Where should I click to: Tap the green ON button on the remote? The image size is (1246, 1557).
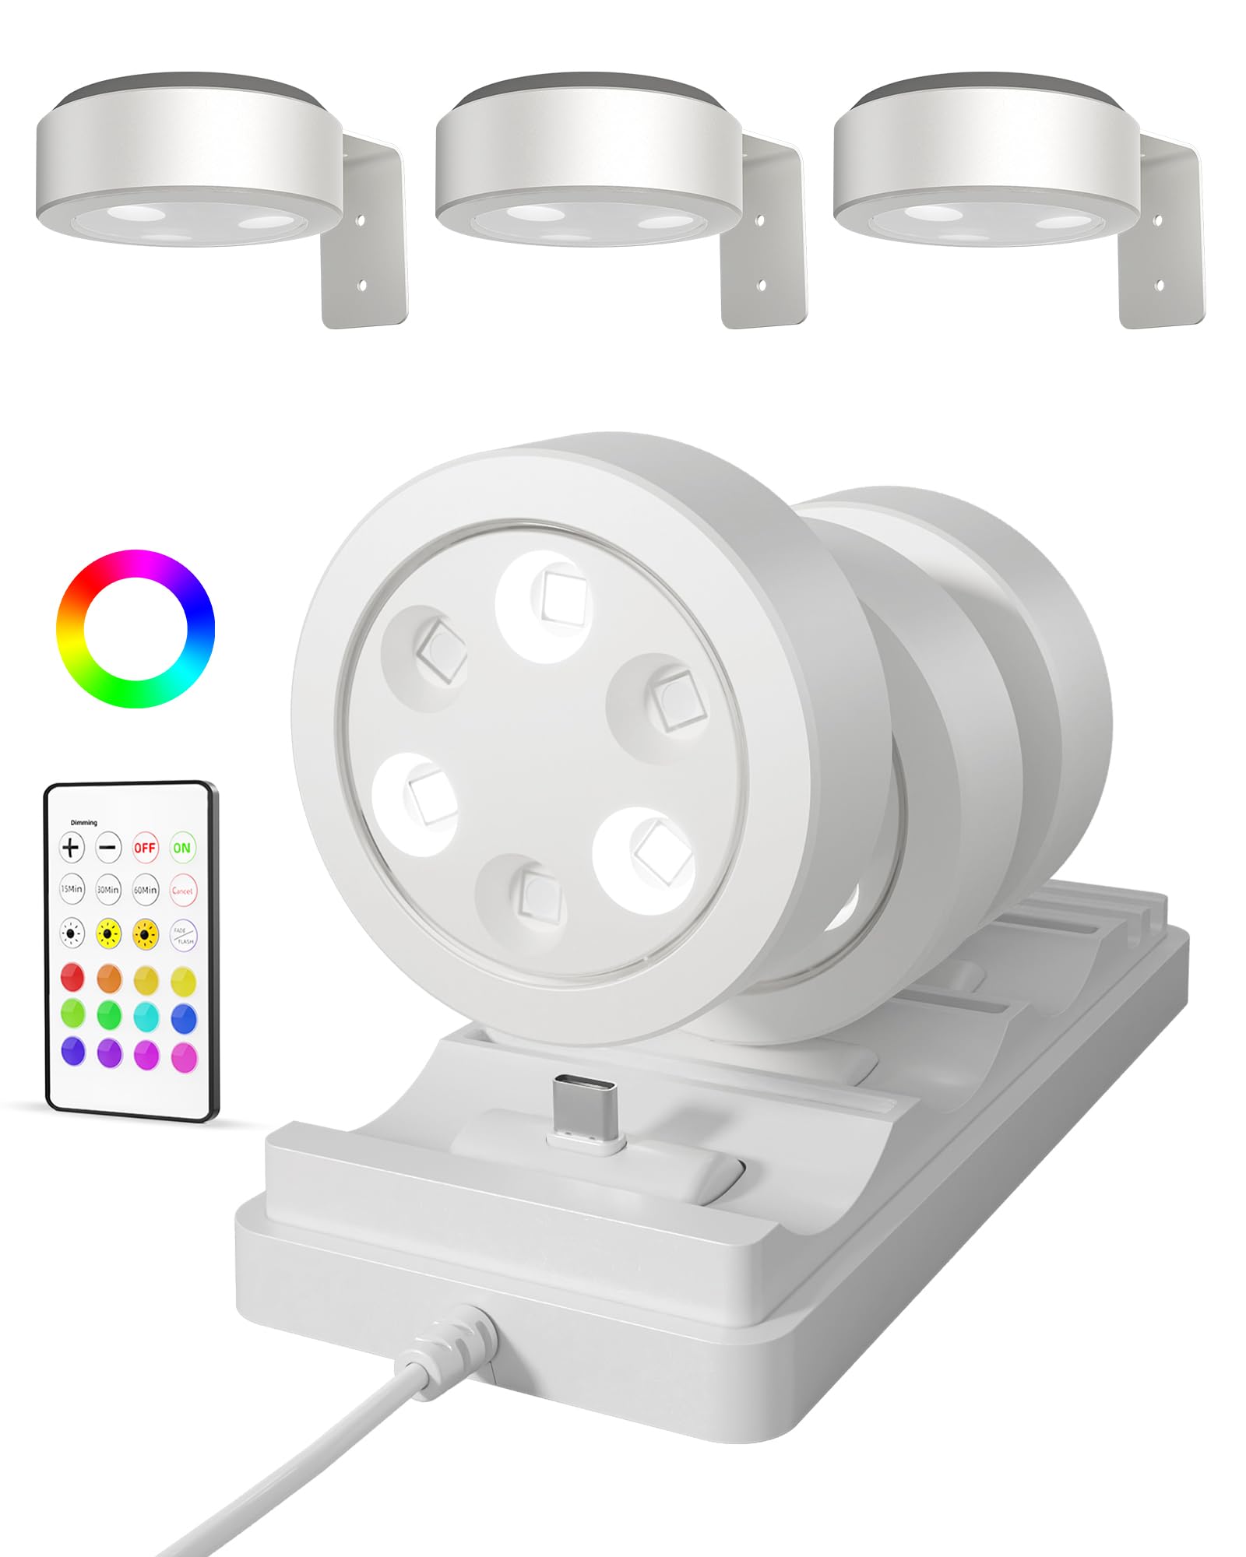click(181, 848)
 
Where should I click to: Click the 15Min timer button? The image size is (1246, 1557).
click(72, 889)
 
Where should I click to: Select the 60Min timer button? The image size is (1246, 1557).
click(145, 889)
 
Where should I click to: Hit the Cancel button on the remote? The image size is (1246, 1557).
click(182, 890)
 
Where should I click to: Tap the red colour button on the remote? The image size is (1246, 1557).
click(72, 977)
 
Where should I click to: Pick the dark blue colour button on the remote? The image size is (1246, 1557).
click(184, 1016)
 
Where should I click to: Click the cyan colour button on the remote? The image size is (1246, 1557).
click(146, 1016)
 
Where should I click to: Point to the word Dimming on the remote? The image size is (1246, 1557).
click(84, 823)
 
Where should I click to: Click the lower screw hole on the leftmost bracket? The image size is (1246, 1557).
click(361, 286)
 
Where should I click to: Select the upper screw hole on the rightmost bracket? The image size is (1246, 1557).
click(1158, 221)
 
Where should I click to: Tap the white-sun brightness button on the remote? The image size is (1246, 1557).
click(72, 933)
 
